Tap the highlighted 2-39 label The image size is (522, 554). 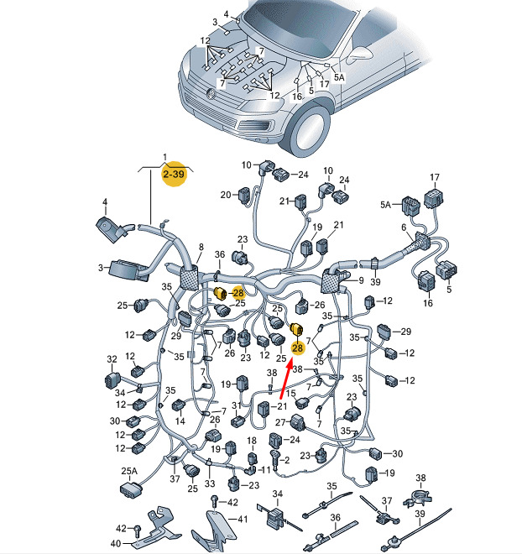[x=174, y=174]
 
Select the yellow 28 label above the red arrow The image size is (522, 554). [x=297, y=348]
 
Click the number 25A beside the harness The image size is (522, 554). [x=129, y=471]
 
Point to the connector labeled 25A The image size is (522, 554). [x=131, y=489]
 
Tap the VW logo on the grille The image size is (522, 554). [x=211, y=94]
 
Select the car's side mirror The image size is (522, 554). [x=360, y=55]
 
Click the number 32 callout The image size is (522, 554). [x=112, y=359]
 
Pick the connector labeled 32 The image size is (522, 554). [x=112, y=380]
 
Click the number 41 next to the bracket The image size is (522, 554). [x=243, y=519]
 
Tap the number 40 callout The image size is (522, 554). [x=116, y=543]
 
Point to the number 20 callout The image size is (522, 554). [x=226, y=195]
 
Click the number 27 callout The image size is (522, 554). [x=280, y=422]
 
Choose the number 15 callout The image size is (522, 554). [x=290, y=393]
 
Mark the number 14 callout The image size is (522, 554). [x=180, y=421]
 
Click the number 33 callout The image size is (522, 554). [x=210, y=483]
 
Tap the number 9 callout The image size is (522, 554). [x=361, y=280]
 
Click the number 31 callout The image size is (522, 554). [x=237, y=405]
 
